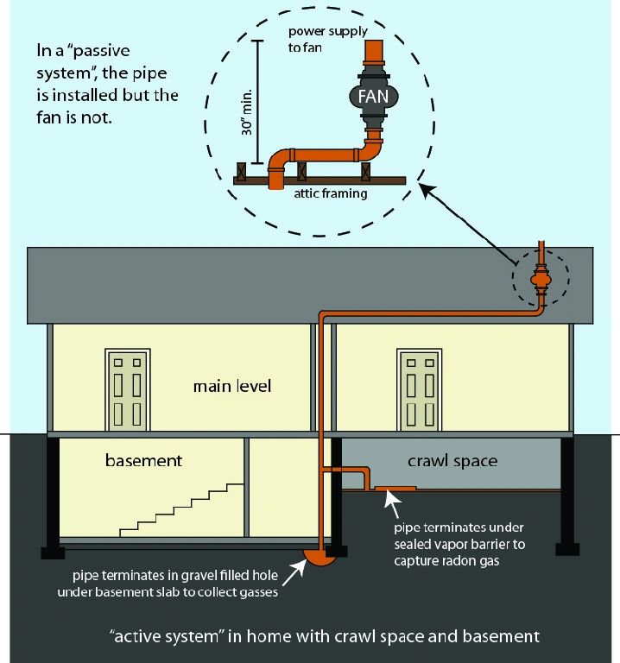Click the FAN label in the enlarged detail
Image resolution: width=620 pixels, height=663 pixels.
point(373,97)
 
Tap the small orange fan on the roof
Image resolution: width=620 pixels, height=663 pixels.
point(541,280)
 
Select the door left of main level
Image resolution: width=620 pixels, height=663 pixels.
point(127,390)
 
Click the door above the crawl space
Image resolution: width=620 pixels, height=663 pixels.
point(420,390)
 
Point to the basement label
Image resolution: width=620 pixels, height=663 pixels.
point(144,460)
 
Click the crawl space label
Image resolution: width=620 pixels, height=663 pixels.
point(452,461)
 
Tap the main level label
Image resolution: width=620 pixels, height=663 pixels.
point(232,386)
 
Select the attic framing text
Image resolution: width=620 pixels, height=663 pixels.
point(331,193)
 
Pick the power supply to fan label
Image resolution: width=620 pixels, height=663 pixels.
point(328,39)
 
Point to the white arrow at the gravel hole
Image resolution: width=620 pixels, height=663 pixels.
point(294,572)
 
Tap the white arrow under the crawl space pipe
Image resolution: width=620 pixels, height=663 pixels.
point(393,504)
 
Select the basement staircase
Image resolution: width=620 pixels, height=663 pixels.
point(181,510)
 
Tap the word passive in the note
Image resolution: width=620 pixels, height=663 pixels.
point(102,51)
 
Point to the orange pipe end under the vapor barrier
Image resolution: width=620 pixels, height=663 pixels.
point(395,489)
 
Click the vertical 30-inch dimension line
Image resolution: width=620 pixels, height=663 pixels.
point(257,102)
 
